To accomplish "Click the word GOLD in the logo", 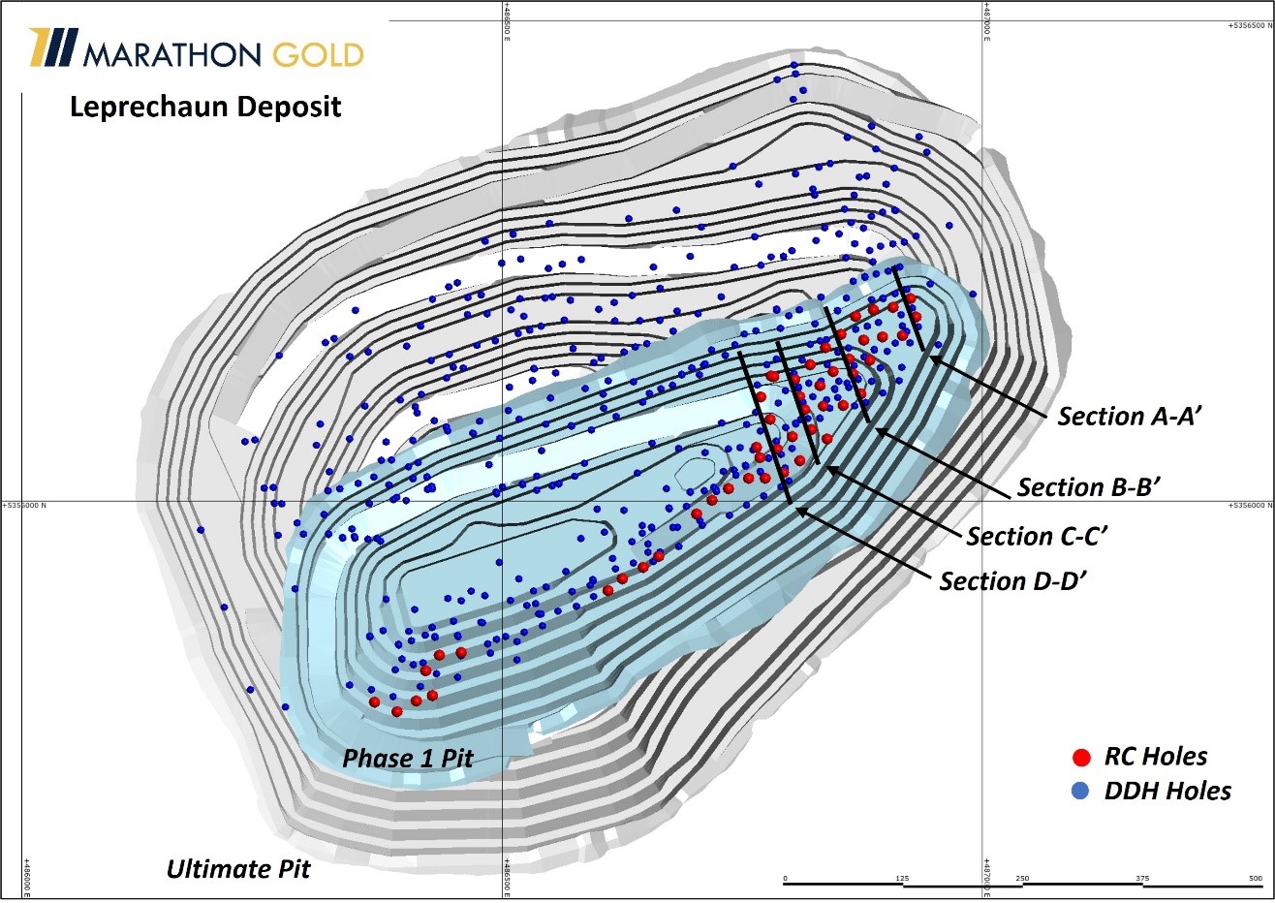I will (317, 54).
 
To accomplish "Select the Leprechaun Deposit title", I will (205, 106).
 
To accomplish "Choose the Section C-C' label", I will (1037, 537).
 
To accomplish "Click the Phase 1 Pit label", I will (407, 758).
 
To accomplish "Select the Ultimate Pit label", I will (238, 869).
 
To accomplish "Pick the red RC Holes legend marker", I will (1082, 758).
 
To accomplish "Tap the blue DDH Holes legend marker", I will (1082, 792).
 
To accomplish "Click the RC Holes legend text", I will (1156, 757).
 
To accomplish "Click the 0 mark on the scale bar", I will (786, 879).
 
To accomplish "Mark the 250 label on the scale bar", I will (1022, 879).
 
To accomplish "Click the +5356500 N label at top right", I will (1247, 26).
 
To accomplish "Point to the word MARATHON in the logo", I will (172, 54).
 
